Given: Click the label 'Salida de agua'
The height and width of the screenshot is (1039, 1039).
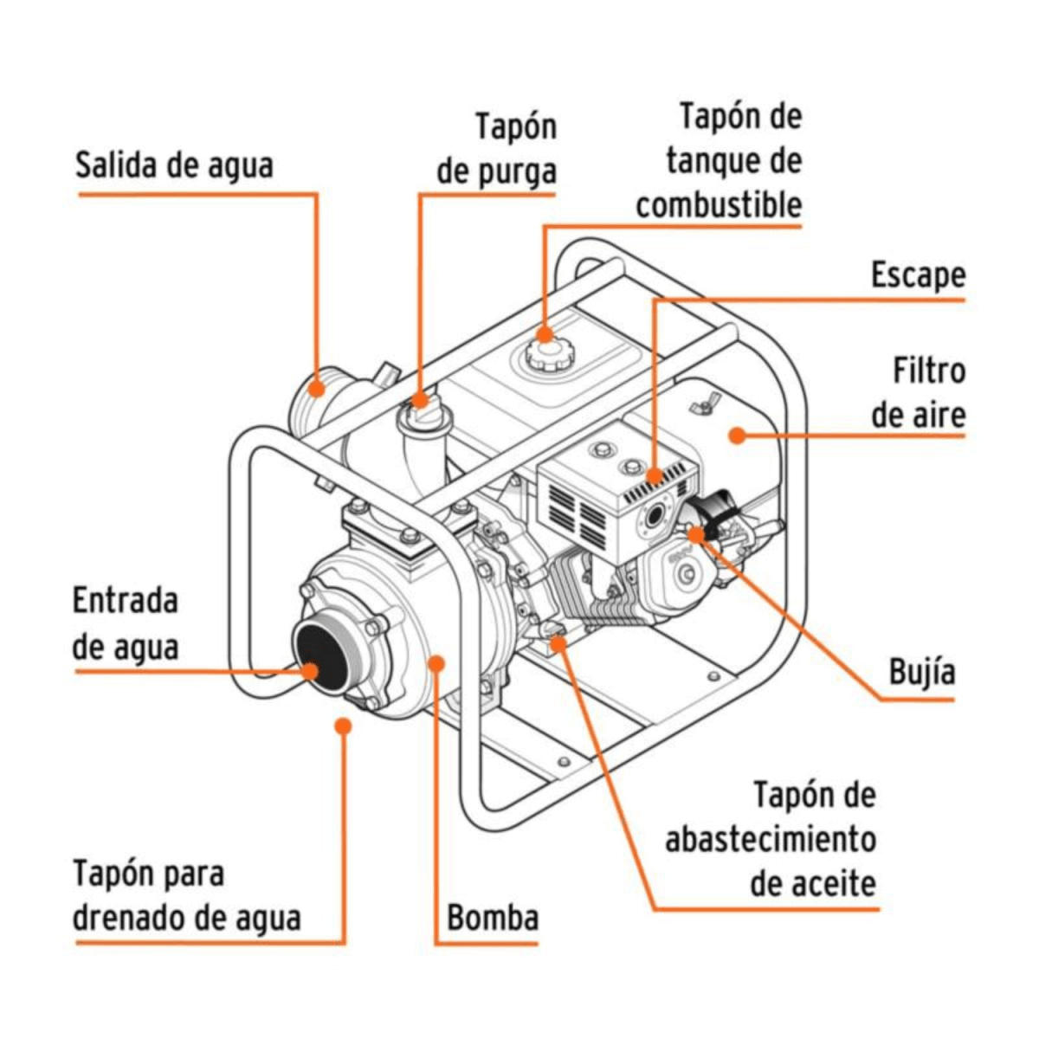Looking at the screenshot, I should tap(174, 165).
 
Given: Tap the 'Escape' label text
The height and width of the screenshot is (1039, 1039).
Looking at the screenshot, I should tap(917, 275).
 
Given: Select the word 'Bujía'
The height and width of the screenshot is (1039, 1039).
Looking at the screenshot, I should tap(921, 672).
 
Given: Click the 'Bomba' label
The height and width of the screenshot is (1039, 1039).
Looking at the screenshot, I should tap(492, 918).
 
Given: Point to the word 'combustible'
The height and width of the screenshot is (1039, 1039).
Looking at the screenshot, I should tap(719, 206).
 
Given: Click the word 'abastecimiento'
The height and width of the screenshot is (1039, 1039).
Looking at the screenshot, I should tap(770, 839).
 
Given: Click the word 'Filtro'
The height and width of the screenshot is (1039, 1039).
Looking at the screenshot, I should tap(928, 371).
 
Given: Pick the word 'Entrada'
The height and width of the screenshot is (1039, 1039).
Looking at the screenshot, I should tap(126, 601).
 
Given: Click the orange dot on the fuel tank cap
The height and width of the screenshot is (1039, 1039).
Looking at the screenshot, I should tap(545, 333).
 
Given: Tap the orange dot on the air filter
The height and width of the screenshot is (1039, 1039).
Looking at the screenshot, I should tap(737, 435).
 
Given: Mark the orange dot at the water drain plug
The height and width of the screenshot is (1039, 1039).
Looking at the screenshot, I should tap(344, 726).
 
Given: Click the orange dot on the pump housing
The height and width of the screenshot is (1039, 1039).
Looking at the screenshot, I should tap(436, 663).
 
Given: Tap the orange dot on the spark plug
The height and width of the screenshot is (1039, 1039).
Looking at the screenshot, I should tap(697, 533).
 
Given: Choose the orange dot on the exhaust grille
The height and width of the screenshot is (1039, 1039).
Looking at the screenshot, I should tap(655, 476).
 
